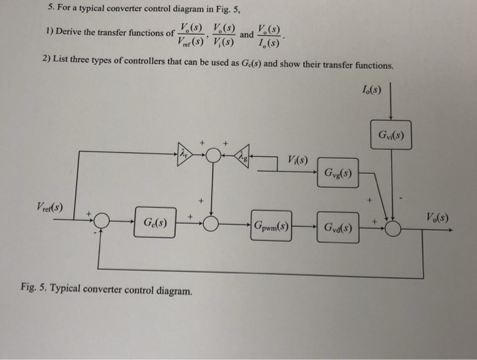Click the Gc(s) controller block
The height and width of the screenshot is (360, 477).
coord(155,224)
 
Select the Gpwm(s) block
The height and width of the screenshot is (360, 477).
coord(271,224)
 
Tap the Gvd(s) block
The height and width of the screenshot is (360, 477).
coord(338,226)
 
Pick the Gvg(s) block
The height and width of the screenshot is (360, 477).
coord(338,171)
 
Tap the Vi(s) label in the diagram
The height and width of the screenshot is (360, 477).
coord(298,161)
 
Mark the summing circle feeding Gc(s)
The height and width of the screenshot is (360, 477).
coord(102,222)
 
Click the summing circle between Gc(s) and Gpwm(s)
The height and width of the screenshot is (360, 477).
coord(213,223)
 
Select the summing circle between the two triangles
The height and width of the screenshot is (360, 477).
coord(214,156)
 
